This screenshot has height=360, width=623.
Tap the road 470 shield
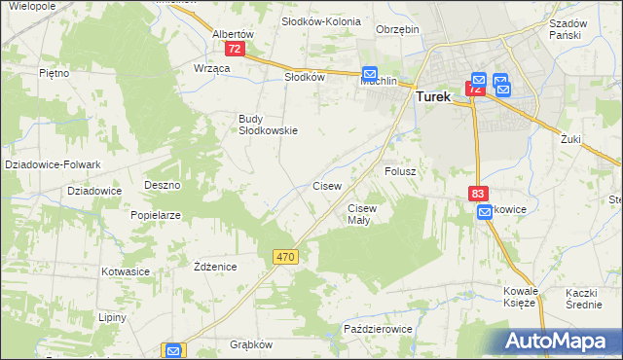(x=284, y=256)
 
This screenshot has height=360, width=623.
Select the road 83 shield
(x=477, y=194)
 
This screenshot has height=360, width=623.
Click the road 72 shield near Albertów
(x=234, y=48)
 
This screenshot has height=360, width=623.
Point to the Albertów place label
(x=233, y=32)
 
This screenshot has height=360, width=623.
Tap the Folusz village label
(x=400, y=171)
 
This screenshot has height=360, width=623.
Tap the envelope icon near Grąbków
(x=173, y=351)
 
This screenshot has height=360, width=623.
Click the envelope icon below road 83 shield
(x=485, y=212)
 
